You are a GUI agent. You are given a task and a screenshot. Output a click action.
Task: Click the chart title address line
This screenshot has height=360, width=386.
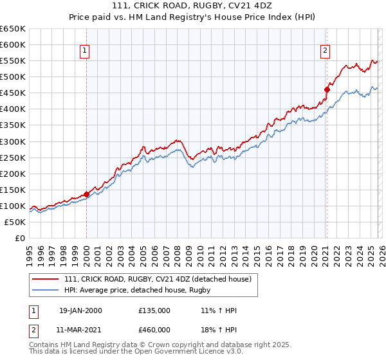point(192,6)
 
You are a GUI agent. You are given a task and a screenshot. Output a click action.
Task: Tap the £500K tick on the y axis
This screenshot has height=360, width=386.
point(13,77)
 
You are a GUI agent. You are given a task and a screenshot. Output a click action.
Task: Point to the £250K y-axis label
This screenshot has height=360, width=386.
point(13,157)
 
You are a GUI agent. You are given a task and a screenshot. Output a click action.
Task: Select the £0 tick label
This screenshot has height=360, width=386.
point(20,238)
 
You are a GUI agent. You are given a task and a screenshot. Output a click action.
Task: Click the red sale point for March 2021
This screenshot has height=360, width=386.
point(326,89)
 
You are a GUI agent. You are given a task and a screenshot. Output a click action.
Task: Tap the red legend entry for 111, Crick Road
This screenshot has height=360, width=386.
point(161,279)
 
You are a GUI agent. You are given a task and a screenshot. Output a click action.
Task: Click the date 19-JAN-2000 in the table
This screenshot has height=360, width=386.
point(80,310)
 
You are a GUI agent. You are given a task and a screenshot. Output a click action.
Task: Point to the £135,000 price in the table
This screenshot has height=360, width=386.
point(154,310)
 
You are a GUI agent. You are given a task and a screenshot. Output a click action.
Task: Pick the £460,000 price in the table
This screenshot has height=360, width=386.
point(154,329)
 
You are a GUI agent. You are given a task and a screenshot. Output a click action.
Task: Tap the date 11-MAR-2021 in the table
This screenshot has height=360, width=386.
point(80,329)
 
